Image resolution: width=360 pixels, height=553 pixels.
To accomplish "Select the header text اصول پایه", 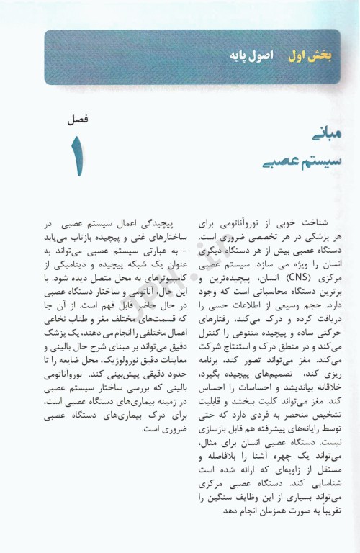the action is click(x=267, y=55).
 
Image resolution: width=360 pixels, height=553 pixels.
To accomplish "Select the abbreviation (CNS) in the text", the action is click(x=284, y=276).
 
